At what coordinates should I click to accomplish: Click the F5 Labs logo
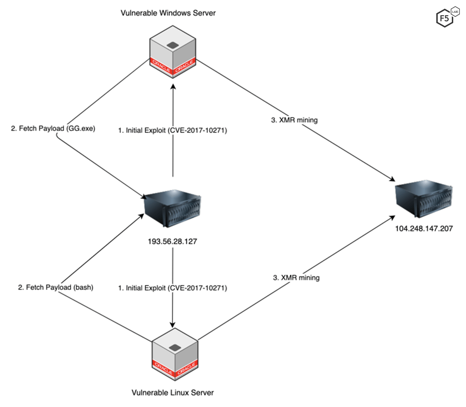click(x=445, y=18)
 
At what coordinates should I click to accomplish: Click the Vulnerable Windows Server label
click(x=168, y=13)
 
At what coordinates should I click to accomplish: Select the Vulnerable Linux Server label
click(x=173, y=393)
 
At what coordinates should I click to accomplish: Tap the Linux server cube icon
click(x=175, y=353)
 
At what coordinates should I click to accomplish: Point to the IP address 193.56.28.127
click(x=172, y=241)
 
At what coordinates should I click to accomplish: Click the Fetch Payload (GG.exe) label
click(x=53, y=128)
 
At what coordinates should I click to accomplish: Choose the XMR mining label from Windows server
click(x=294, y=120)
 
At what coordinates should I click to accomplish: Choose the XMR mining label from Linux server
click(x=296, y=278)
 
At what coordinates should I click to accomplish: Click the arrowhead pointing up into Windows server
click(x=173, y=87)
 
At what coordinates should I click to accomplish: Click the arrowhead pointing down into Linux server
click(x=173, y=323)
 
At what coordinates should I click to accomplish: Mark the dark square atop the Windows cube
click(x=173, y=44)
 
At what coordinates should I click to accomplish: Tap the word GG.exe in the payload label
click(x=82, y=128)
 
